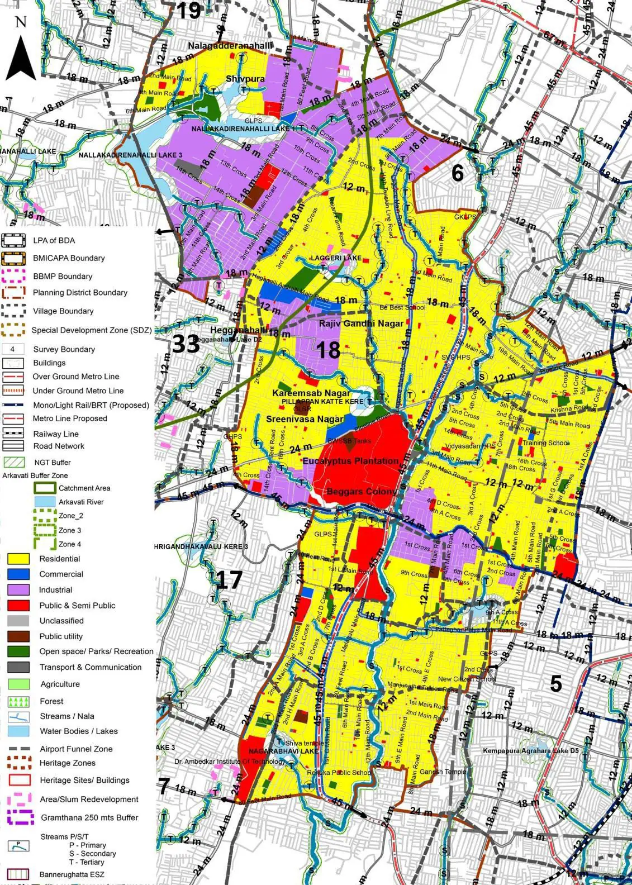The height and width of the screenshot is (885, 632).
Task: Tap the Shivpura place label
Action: (245, 79)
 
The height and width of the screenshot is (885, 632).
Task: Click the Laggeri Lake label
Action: (336, 258)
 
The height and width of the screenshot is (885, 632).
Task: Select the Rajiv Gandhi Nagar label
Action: (361, 323)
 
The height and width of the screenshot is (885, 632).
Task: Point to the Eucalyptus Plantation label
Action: (350, 461)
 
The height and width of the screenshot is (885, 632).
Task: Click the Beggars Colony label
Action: (360, 492)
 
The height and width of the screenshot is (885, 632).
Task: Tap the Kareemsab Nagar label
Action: (311, 393)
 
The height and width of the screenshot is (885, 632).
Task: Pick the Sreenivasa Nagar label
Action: (305, 419)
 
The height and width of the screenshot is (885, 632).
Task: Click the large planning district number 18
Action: (328, 350)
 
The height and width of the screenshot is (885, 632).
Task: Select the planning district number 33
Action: (186, 344)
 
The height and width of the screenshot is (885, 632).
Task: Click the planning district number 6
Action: (457, 174)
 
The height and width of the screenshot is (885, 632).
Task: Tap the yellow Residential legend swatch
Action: (18, 559)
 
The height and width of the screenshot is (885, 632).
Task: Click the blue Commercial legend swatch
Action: (18, 574)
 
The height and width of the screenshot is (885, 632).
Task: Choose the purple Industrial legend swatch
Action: (18, 589)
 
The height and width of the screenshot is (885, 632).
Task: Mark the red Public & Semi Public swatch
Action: (18, 605)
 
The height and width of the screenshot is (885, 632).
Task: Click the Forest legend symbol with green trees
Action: (18, 701)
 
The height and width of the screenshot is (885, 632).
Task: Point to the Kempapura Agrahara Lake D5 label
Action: (530, 751)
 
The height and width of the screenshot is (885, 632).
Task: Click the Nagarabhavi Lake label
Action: (283, 751)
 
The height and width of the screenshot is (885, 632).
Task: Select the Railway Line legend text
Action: (55, 434)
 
